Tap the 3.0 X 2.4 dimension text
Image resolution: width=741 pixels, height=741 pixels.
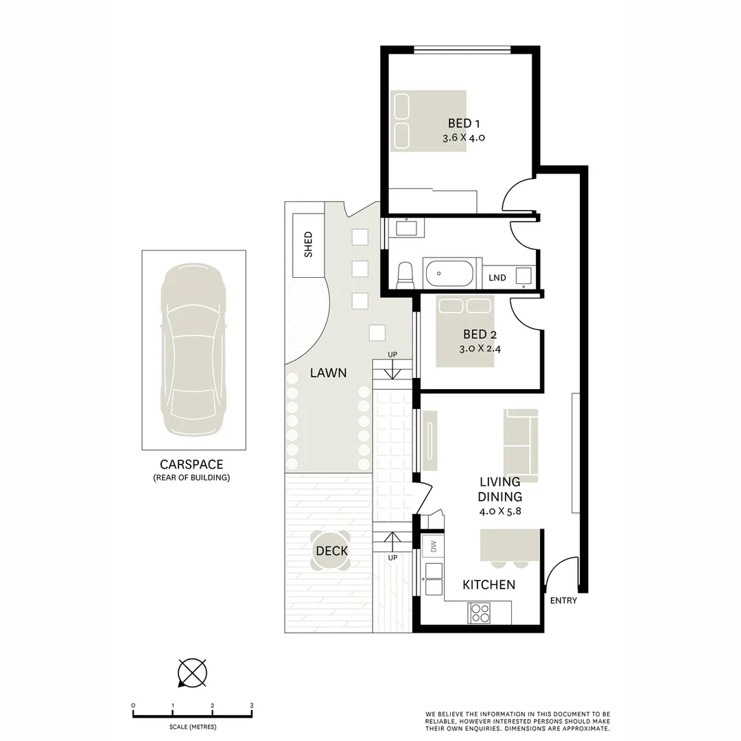tap(480, 348)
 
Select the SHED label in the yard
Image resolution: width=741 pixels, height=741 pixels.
tap(308, 244)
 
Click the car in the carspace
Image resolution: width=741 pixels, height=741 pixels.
tap(193, 349)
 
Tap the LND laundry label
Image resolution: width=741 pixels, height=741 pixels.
tap(497, 278)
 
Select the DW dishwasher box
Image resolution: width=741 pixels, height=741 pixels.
tap(433, 546)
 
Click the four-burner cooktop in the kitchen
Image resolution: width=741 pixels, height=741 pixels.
tap(479, 612)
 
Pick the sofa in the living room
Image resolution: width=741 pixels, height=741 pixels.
tap(521, 437)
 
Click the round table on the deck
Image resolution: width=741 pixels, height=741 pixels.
tap(331, 551)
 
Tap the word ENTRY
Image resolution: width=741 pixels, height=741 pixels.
tap(563, 601)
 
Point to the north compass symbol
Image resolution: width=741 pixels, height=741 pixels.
tap(192, 672)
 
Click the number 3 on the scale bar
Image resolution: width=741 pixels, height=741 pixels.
tap(252, 705)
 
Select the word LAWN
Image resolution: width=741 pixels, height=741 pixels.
tap(328, 373)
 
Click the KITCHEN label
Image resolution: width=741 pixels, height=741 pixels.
tap(489, 585)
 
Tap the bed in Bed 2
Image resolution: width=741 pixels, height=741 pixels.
tap(464, 331)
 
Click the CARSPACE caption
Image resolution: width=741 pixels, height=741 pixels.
tap(191, 464)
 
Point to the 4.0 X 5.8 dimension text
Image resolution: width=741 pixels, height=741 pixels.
tap(500, 511)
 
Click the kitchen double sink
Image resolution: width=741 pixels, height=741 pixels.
tap(434, 578)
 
